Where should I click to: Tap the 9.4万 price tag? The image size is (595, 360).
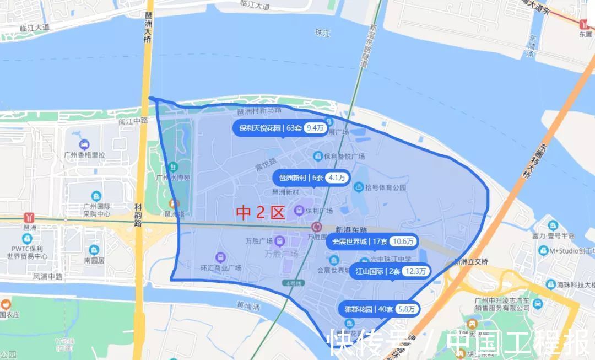click(x=315, y=128)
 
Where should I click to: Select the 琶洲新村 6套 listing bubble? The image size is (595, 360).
click(x=312, y=178)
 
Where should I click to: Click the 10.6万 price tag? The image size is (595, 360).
click(x=403, y=241)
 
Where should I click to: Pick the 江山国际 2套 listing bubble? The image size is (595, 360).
click(x=390, y=271)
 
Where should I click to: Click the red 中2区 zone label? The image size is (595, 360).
click(x=260, y=212)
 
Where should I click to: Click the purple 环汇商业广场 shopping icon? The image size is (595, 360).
click(x=220, y=257)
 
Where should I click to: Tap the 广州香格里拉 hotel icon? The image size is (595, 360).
click(x=84, y=145)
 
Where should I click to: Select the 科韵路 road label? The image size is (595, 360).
click(x=138, y=214)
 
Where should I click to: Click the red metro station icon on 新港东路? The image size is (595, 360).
click(x=316, y=227)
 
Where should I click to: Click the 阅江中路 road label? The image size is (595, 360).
click(x=133, y=120)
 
